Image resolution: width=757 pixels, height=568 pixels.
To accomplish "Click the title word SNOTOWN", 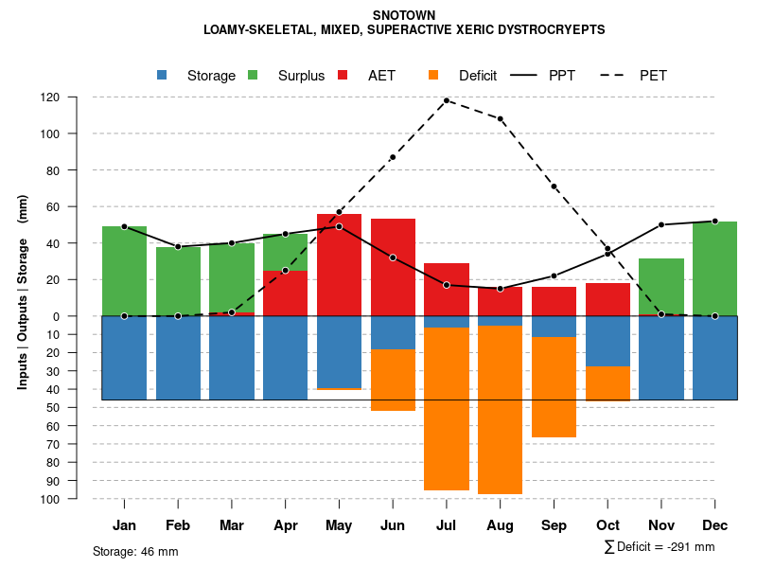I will click(x=404, y=16).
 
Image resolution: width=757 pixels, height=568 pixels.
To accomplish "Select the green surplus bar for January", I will click(x=124, y=271).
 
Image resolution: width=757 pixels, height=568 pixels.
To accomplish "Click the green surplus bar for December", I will click(x=714, y=268).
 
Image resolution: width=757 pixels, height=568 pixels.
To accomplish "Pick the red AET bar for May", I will click(x=339, y=265).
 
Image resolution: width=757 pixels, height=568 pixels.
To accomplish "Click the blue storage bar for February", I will click(x=178, y=358).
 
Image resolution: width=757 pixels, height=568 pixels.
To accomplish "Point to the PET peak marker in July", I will click(x=447, y=100).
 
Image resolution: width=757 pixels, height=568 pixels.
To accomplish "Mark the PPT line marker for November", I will click(x=661, y=224).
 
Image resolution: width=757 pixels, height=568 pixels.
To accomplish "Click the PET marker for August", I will click(x=500, y=118).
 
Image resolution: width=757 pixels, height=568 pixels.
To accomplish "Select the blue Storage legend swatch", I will click(x=162, y=75).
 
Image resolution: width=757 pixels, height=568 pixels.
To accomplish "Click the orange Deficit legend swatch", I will click(x=433, y=75).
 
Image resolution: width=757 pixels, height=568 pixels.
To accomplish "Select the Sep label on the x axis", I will click(x=554, y=525).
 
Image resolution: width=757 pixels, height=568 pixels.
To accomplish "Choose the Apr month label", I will click(x=285, y=525).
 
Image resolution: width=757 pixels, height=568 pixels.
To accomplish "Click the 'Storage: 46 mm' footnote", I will click(x=135, y=551).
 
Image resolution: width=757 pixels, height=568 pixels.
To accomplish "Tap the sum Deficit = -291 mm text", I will click(x=659, y=547).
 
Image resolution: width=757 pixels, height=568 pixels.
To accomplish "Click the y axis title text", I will click(x=23, y=292).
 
